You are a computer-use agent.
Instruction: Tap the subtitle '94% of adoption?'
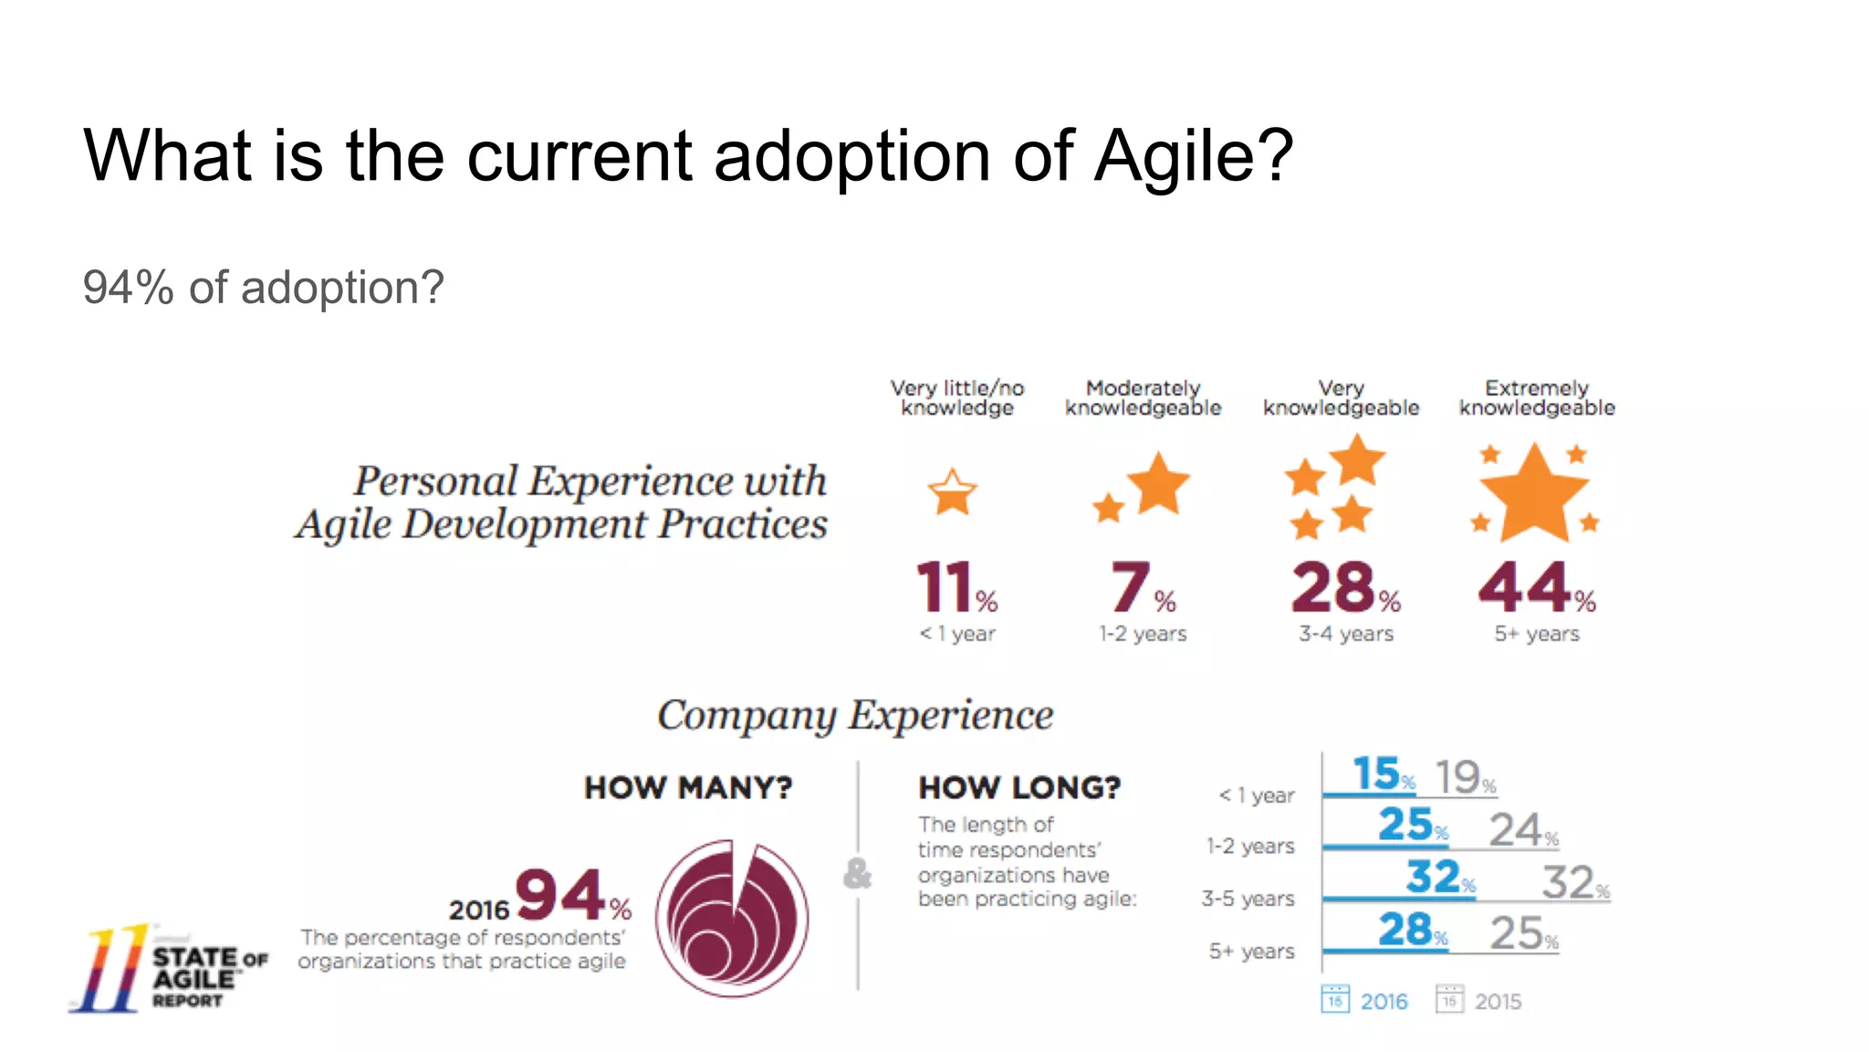coord(263,288)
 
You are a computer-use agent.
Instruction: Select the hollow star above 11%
coord(952,493)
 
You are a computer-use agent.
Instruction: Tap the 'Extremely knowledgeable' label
coord(1537,398)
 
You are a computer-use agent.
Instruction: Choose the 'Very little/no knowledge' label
coord(957,398)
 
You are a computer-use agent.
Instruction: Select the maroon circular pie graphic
coord(732,918)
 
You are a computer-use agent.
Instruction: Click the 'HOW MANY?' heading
coord(688,787)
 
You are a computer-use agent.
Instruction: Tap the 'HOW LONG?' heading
coord(1019,787)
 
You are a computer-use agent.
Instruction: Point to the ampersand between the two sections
coord(857,873)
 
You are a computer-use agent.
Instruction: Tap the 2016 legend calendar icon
coord(1335,999)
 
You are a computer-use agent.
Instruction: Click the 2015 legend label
coord(1498,1002)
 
